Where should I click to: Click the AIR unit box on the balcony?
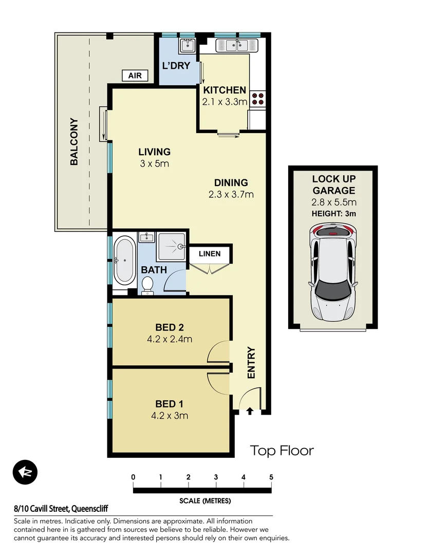pyautogui.click(x=135, y=76)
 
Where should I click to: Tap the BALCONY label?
pyautogui.click(x=74, y=142)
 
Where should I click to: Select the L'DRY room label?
pyautogui.click(x=176, y=66)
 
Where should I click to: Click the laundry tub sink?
pyautogui.click(x=186, y=46)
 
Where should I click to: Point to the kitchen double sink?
pyautogui.click(x=238, y=46)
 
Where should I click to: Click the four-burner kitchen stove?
pyautogui.click(x=258, y=98)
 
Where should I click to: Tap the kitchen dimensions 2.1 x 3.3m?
pyautogui.click(x=225, y=102)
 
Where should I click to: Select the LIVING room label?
pyautogui.click(x=154, y=152)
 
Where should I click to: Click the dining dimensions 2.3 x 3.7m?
pyautogui.click(x=231, y=194)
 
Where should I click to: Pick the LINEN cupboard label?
pyautogui.click(x=210, y=254)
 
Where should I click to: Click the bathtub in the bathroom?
pyautogui.click(x=124, y=260)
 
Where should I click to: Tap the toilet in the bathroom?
pyautogui.click(x=147, y=285)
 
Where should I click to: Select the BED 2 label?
pyautogui.click(x=170, y=327)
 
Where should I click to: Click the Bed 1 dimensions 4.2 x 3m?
pyautogui.click(x=170, y=415)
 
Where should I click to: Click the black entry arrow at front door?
pyautogui.click(x=250, y=411)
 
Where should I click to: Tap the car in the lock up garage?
pyautogui.click(x=332, y=272)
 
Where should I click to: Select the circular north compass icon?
pyautogui.click(x=25, y=472)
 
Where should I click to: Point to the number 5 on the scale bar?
pyautogui.click(x=271, y=477)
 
